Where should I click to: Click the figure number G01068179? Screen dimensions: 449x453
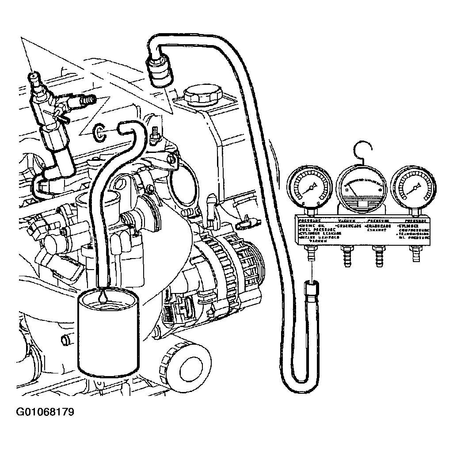[46, 413]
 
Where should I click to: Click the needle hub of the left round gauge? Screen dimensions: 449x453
[311, 188]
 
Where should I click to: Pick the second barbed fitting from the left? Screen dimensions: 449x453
[345, 255]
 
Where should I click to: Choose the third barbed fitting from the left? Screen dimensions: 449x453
[378, 255]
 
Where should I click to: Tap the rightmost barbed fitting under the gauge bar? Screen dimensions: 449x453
[415, 255]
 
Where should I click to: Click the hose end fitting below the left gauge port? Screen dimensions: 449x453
[311, 293]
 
